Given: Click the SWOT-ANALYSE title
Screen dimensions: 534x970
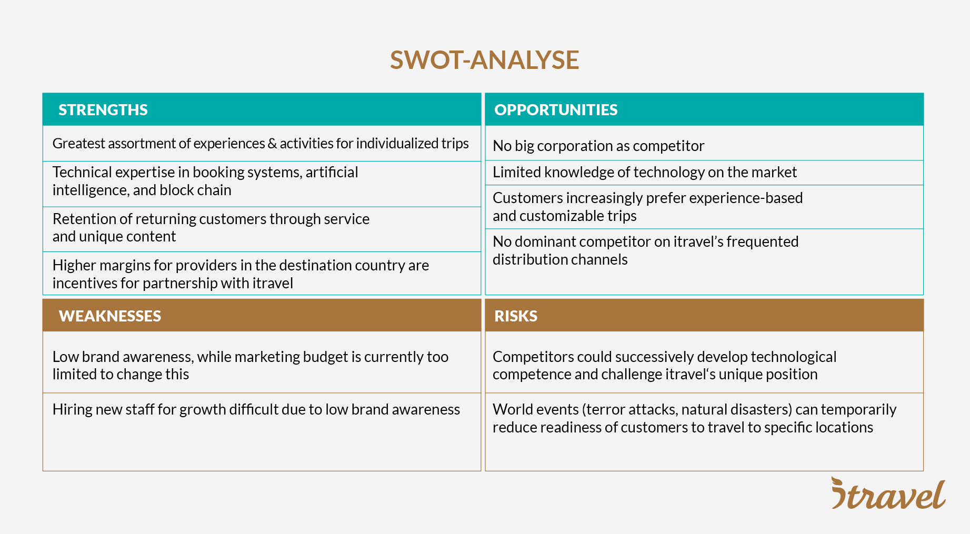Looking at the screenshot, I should tap(484, 60).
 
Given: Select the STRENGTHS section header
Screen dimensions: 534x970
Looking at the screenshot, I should tap(103, 110).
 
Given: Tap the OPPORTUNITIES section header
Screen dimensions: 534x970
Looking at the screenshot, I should tap(556, 110).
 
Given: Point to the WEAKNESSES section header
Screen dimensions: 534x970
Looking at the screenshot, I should tap(110, 316).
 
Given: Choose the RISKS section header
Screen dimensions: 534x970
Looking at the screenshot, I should tap(516, 316).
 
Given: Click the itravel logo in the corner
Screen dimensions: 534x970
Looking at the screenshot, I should tap(888, 494).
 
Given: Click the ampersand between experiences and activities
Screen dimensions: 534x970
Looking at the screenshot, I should tap(272, 144).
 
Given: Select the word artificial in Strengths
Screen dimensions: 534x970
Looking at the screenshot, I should tap(332, 173).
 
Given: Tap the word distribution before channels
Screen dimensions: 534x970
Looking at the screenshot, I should tap(532, 260).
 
